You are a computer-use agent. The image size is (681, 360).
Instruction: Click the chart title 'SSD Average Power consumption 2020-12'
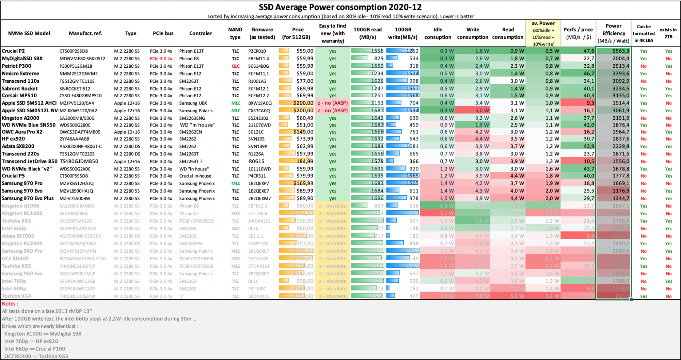(340, 7)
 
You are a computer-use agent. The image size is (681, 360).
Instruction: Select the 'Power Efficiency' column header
(613, 33)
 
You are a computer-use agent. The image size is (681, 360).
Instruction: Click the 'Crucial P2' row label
(13, 51)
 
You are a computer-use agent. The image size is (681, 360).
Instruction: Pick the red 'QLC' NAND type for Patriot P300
(236, 66)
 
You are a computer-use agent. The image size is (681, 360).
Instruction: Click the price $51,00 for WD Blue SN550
(304, 125)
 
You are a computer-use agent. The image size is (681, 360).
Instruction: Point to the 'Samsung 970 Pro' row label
(22, 183)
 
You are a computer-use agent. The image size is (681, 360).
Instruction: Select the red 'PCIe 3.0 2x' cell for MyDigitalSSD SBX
(161, 59)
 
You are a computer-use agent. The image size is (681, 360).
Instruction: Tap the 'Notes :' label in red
(10, 304)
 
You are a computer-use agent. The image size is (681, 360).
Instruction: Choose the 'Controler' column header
(201, 33)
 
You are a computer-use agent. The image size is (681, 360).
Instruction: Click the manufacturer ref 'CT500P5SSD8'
(74, 176)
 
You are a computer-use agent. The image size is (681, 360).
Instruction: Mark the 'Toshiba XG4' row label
(16, 296)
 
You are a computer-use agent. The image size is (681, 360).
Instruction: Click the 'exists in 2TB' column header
(668, 33)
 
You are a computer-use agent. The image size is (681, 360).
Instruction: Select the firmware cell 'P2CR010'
(257, 51)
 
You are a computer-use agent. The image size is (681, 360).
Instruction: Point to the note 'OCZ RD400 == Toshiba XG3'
(36, 356)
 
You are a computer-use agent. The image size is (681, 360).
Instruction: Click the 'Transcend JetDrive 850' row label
(30, 161)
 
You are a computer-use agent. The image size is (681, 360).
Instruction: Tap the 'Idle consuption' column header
(438, 33)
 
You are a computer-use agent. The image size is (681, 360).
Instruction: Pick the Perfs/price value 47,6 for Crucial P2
(588, 51)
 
